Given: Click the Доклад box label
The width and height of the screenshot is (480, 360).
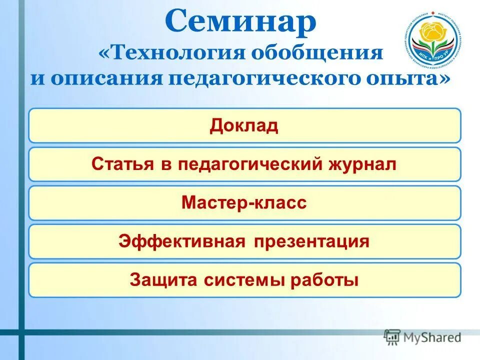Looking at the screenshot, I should (x=244, y=125).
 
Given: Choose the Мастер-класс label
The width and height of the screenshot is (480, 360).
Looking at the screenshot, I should (x=244, y=202).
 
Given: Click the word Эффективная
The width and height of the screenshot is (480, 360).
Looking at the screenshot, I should (x=182, y=241).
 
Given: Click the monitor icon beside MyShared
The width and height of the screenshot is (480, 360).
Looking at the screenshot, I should (x=392, y=336).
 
